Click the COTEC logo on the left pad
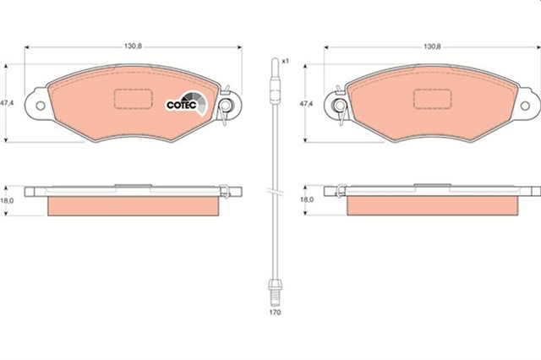tap(182, 102)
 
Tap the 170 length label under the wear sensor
tap(275, 312)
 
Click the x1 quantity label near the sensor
tap(286, 61)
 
